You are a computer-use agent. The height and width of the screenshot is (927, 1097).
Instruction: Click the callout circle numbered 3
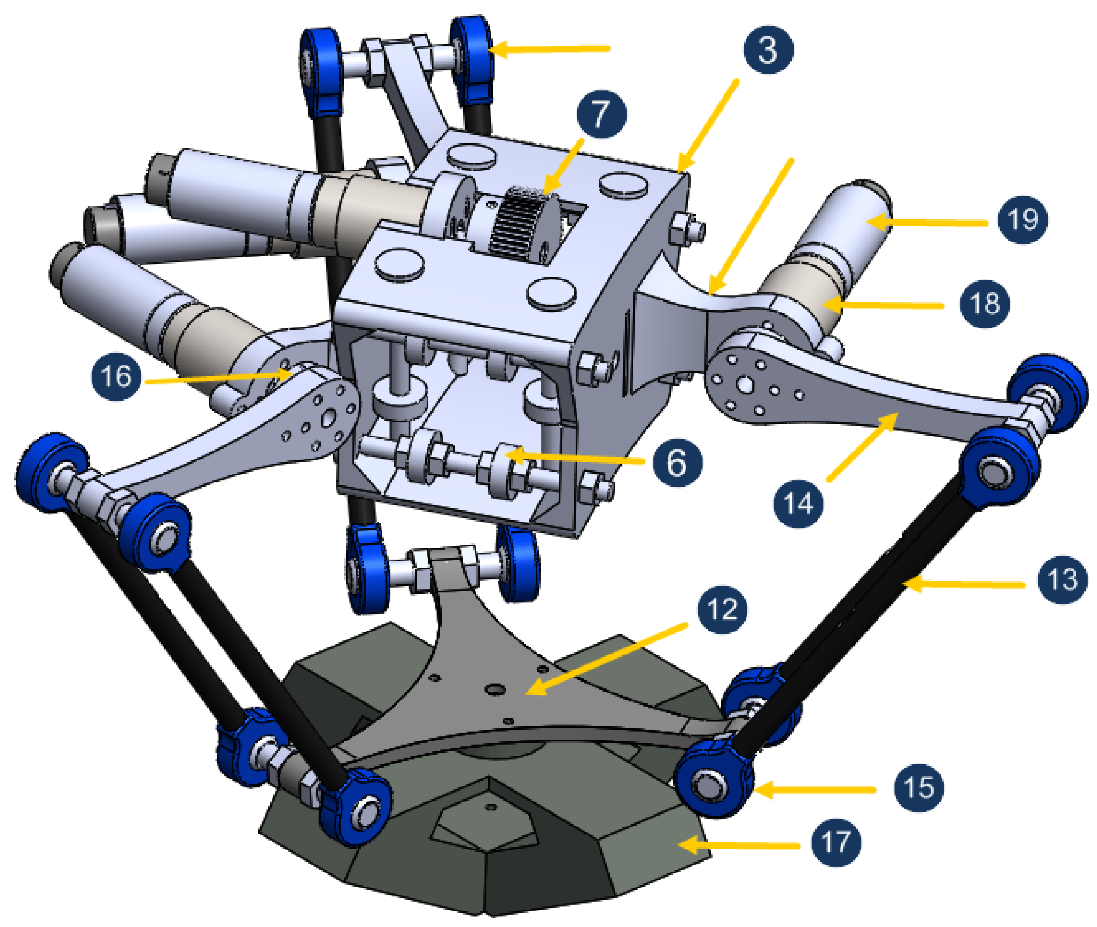[768, 49]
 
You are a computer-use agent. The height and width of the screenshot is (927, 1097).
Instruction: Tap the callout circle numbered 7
[601, 114]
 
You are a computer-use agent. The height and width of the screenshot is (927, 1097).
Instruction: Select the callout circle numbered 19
[1022, 219]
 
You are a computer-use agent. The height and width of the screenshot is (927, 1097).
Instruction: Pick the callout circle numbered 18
[984, 303]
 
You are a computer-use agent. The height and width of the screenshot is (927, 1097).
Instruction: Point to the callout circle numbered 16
[116, 376]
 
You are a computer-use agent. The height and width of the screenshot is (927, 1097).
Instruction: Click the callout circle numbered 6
[677, 462]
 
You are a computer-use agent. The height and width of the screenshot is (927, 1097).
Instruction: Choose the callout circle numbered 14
[798, 504]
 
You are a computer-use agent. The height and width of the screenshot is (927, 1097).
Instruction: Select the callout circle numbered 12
[722, 609]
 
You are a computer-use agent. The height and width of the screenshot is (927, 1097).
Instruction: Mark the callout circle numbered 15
[918, 787]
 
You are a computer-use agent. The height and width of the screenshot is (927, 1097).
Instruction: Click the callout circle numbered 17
[836, 842]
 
